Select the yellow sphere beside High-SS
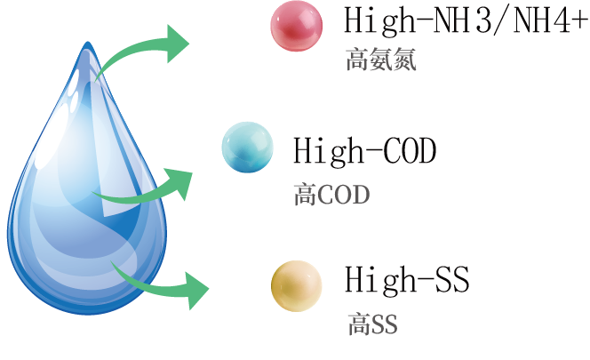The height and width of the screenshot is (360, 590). coord(296,284)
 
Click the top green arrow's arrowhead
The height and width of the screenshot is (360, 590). coord(177,41)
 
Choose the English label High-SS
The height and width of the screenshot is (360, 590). coord(406,280)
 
